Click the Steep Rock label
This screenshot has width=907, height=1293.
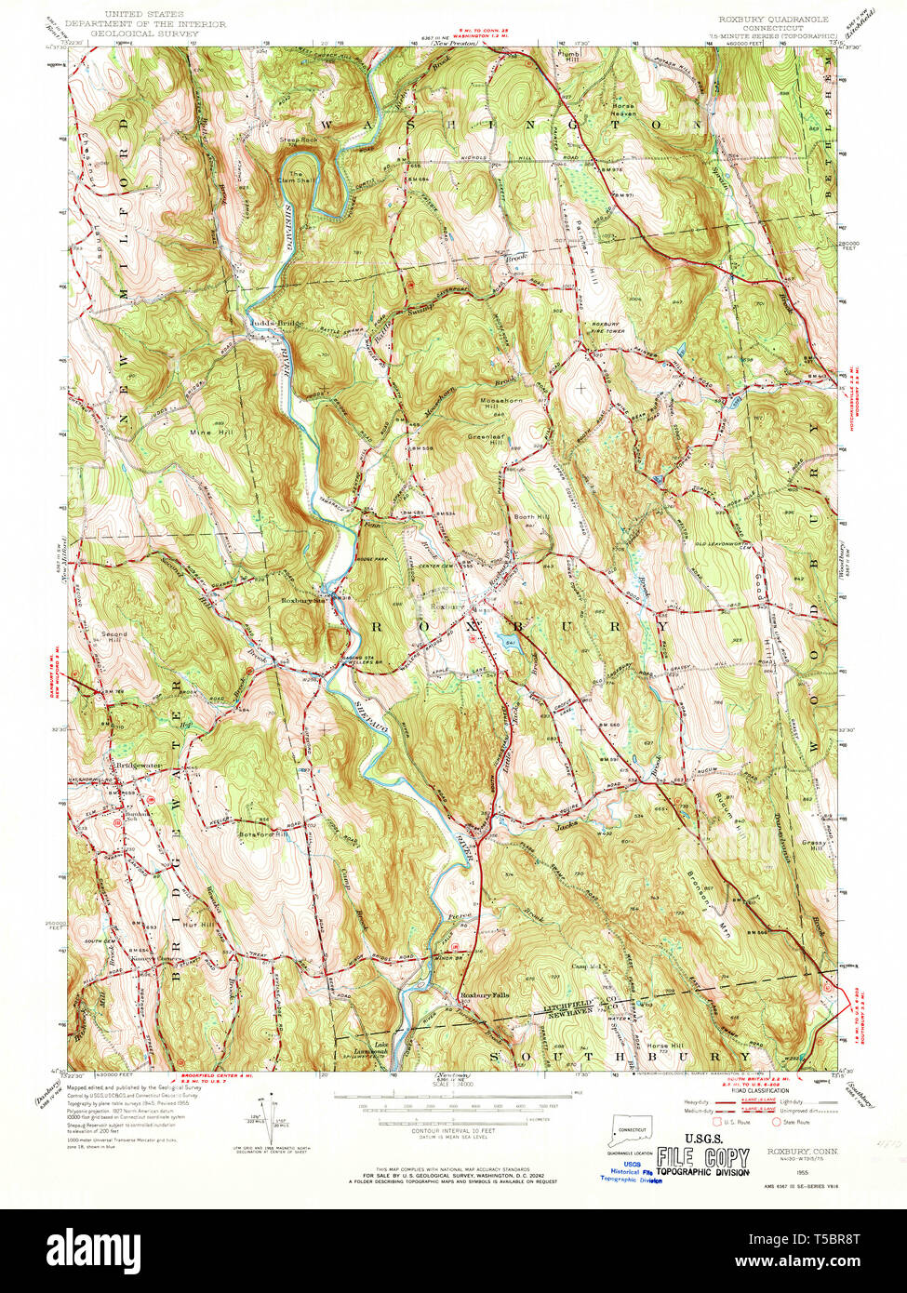(x=298, y=140)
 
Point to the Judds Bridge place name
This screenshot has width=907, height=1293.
(x=274, y=323)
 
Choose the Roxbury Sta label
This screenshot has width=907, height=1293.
(x=304, y=601)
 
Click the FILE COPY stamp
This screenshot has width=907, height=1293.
(x=702, y=1158)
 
